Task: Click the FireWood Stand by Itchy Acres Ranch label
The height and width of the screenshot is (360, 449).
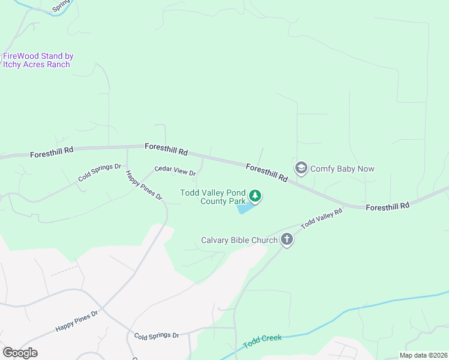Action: point(38,60)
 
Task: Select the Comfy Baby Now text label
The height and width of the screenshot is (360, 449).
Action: point(342,169)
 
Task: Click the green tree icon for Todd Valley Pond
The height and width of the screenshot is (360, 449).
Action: point(255,196)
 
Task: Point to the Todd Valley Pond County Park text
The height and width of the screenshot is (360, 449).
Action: point(214,197)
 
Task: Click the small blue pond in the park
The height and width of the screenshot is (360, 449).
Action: point(244,208)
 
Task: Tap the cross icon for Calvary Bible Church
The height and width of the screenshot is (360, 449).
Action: point(287,240)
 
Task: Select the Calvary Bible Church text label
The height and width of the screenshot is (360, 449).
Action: point(239,241)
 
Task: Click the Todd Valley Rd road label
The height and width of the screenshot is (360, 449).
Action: point(322,218)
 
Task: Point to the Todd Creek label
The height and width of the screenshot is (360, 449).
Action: point(262,342)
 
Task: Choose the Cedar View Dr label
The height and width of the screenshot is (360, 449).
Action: point(175,171)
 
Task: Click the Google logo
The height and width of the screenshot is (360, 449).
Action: point(20,353)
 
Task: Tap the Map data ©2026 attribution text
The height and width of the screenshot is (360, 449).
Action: point(423,355)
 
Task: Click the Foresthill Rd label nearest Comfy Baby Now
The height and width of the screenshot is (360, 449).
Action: point(267,173)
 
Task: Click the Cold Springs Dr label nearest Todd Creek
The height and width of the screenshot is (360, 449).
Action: point(157,336)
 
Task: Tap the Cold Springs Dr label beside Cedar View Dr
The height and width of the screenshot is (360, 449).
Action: point(100,173)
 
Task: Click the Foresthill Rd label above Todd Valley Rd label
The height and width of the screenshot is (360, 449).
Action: point(387,205)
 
